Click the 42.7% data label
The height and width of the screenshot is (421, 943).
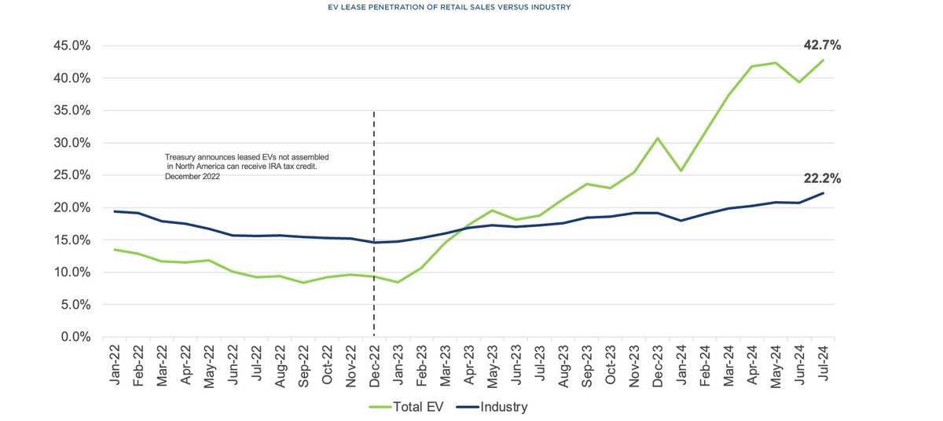[822, 46]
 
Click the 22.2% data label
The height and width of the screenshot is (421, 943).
[822, 178]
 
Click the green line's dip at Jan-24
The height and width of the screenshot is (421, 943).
[681, 170]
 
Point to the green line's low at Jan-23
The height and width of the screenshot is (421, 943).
[398, 282]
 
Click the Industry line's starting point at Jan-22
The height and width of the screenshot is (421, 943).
[116, 211]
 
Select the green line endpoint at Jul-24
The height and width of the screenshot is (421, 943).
[822, 60]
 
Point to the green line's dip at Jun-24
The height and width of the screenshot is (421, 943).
[798, 82]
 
